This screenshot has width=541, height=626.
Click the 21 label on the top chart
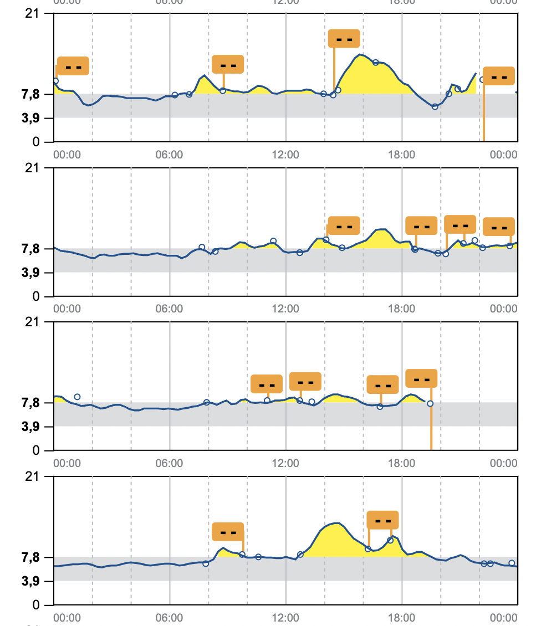click(x=33, y=13)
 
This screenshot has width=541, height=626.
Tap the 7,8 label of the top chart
click(x=31, y=94)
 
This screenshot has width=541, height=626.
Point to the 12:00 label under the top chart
click(x=286, y=155)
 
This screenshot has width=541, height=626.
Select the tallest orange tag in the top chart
click(x=344, y=39)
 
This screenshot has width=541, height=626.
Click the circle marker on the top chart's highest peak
click(x=376, y=63)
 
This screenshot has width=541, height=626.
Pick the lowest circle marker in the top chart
click(x=435, y=106)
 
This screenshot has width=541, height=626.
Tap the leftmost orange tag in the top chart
click(x=73, y=66)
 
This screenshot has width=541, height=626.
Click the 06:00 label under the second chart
click(x=170, y=309)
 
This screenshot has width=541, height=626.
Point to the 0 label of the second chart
click(x=37, y=296)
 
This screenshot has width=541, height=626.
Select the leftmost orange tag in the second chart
click(x=344, y=225)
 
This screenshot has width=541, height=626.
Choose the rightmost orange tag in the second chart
click(x=499, y=227)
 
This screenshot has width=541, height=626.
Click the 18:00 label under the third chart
click(x=402, y=463)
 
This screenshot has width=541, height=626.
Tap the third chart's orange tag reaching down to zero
click(x=422, y=378)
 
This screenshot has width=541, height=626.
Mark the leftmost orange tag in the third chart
click(x=267, y=384)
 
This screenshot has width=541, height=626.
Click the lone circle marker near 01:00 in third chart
click(x=77, y=397)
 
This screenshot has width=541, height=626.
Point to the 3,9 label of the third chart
click(x=31, y=427)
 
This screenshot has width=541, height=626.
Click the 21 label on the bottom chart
click(x=33, y=476)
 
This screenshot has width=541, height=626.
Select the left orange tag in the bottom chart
click(x=228, y=532)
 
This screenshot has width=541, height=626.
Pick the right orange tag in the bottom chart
click(x=382, y=520)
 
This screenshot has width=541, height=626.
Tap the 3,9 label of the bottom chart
click(x=31, y=581)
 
